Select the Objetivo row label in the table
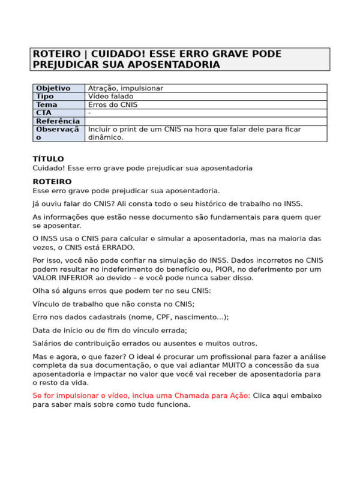(53, 88)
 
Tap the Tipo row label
(44, 96)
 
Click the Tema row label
(47, 104)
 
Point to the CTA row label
(44, 112)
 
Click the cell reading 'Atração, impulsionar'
(125, 88)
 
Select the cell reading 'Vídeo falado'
(110, 96)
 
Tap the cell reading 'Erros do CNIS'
(113, 104)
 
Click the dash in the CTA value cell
(89, 112)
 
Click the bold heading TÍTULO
(48, 159)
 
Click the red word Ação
(239, 395)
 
